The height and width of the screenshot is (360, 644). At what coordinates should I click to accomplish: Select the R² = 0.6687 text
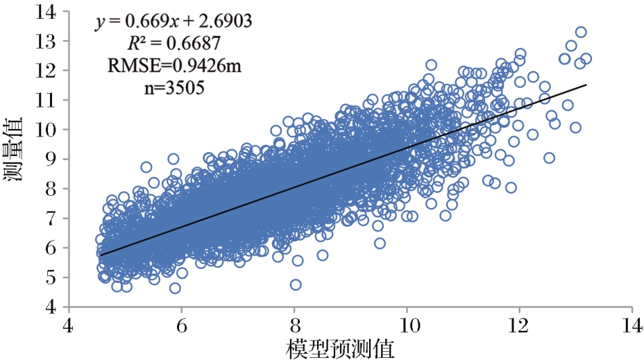tap(173, 44)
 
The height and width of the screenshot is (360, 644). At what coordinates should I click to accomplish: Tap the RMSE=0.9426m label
tap(174, 66)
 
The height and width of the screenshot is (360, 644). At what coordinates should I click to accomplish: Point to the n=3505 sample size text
tap(173, 88)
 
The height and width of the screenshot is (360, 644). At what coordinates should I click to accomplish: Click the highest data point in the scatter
tap(581, 32)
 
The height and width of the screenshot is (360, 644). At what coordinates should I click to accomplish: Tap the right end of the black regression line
tap(586, 85)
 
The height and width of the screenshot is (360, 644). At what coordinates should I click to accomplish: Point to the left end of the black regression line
tap(101, 255)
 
